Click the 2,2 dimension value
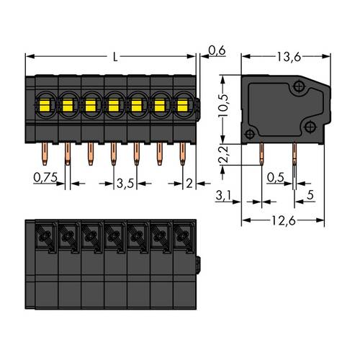pyautogui.click(x=224, y=153)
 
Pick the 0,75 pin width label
pyautogui.click(x=45, y=176)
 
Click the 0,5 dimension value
pyautogui.click(x=274, y=176)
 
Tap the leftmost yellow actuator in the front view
pyautogui.click(x=43, y=107)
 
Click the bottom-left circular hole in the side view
pyautogui.click(x=250, y=134)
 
